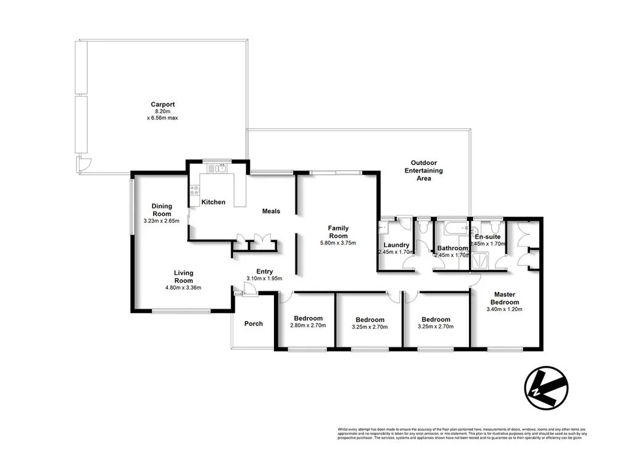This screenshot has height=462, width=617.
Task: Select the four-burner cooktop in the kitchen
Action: [194, 190]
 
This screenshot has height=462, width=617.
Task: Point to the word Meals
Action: [271, 211]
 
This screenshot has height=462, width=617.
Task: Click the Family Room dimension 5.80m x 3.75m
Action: [338, 243]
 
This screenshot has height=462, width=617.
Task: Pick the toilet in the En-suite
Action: [494, 227]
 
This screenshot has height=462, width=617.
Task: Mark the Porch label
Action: [254, 323]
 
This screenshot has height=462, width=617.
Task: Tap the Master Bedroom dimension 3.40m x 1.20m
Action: [504, 310]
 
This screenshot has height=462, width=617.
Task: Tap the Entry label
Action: [264, 271]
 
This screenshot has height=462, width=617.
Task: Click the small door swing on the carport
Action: [85, 163]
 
